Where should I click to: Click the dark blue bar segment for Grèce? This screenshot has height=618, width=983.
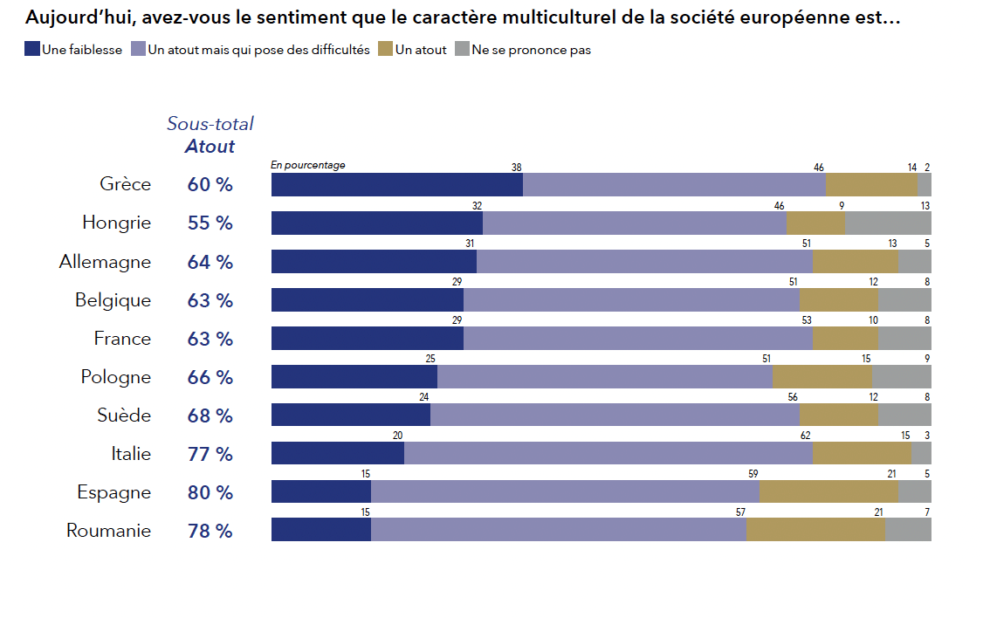[397, 185]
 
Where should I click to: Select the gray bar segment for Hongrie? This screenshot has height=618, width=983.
[888, 223]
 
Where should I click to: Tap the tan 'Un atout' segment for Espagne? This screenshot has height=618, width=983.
[828, 492]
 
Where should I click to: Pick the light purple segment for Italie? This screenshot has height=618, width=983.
[608, 454]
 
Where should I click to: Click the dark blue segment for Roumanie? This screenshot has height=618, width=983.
[321, 531]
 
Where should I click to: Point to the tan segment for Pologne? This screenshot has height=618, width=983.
[822, 377]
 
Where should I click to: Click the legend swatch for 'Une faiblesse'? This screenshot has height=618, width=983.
[32, 50]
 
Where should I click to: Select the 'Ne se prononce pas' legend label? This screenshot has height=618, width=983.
[531, 50]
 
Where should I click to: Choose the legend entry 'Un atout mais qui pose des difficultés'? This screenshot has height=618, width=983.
[258, 50]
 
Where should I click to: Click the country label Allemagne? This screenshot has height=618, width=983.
[105, 262]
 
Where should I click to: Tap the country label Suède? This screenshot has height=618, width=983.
[124, 415]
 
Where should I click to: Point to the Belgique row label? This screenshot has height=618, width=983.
[113, 300]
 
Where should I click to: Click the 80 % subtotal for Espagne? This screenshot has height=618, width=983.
[210, 492]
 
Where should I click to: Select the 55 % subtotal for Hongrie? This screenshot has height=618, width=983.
[210, 223]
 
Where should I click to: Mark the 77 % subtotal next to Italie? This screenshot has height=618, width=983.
[210, 454]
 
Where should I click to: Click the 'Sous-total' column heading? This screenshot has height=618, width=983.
[210, 124]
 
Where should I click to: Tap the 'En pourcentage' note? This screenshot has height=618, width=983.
[308, 165]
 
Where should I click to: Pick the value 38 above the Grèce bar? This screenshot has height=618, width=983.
[516, 167]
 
